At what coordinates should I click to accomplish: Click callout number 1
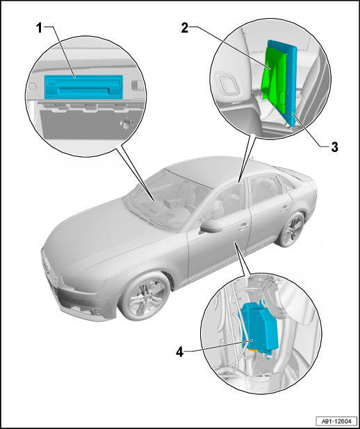tap(40, 28)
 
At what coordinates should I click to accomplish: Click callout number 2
tap(185, 28)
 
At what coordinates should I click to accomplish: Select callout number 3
tap(334, 147)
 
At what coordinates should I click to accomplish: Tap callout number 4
tap(179, 352)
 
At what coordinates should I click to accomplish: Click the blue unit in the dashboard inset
tap(83, 87)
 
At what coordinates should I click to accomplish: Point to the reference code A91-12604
tap(336, 421)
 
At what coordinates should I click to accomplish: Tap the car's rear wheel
tap(291, 230)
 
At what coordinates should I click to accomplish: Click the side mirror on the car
tap(211, 226)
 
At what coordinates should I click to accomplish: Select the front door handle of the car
tap(243, 226)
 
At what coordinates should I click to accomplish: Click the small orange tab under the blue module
tap(252, 350)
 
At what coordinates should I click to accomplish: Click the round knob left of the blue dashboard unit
tap(32, 87)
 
